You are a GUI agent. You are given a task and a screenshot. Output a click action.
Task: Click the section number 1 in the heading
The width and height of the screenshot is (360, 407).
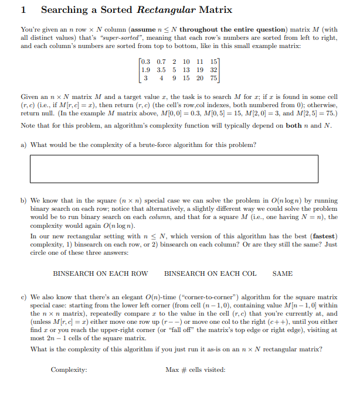click(23, 10)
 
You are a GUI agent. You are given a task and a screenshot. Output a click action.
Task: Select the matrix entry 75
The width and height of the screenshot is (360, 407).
click(213, 78)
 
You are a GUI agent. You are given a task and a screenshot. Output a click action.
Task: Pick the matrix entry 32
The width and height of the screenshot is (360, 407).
click(213, 70)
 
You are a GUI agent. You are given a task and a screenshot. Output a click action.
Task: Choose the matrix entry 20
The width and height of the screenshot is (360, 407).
click(200, 78)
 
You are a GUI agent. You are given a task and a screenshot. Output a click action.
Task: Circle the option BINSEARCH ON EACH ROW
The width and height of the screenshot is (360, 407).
click(100, 273)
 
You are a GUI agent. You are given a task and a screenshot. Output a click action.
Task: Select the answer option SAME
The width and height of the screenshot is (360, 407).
click(283, 273)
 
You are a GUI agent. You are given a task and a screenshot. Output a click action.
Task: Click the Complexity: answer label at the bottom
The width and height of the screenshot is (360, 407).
click(69, 370)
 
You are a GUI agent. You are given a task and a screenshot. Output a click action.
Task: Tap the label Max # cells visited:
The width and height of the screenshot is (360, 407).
click(195, 370)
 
